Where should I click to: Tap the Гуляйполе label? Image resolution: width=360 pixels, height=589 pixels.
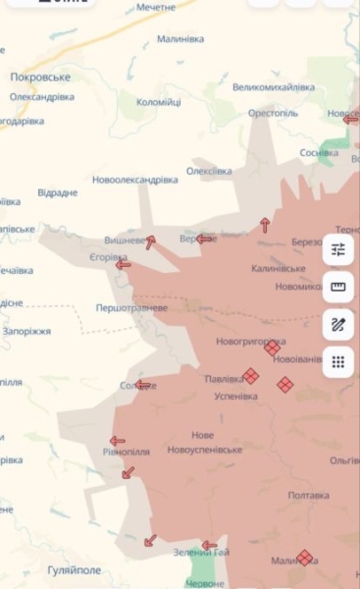coord(75,569)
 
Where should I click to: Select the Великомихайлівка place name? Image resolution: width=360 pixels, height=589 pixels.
coord(274,87)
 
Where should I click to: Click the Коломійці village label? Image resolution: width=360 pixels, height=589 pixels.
coord(159,102)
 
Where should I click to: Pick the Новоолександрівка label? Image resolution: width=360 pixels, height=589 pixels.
coord(134,180)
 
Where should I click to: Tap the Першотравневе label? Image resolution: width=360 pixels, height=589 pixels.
coord(130,307)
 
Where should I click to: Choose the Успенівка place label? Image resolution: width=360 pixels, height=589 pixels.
coord(235,397)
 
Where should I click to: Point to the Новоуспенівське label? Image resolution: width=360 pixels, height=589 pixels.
coord(204,449)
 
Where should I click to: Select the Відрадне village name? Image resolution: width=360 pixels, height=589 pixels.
coord(57,192)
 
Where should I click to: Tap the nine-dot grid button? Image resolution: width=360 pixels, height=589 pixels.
coord(338,361)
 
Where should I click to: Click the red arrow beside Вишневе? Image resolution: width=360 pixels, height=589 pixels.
coord(150,241)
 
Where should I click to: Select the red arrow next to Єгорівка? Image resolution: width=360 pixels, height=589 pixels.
coord(124,263)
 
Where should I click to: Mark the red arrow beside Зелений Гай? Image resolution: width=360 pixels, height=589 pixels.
coord(209,545)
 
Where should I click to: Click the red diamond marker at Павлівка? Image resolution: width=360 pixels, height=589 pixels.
coord(250,375)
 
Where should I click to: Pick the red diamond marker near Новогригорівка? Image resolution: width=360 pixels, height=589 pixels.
coord(272,348)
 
